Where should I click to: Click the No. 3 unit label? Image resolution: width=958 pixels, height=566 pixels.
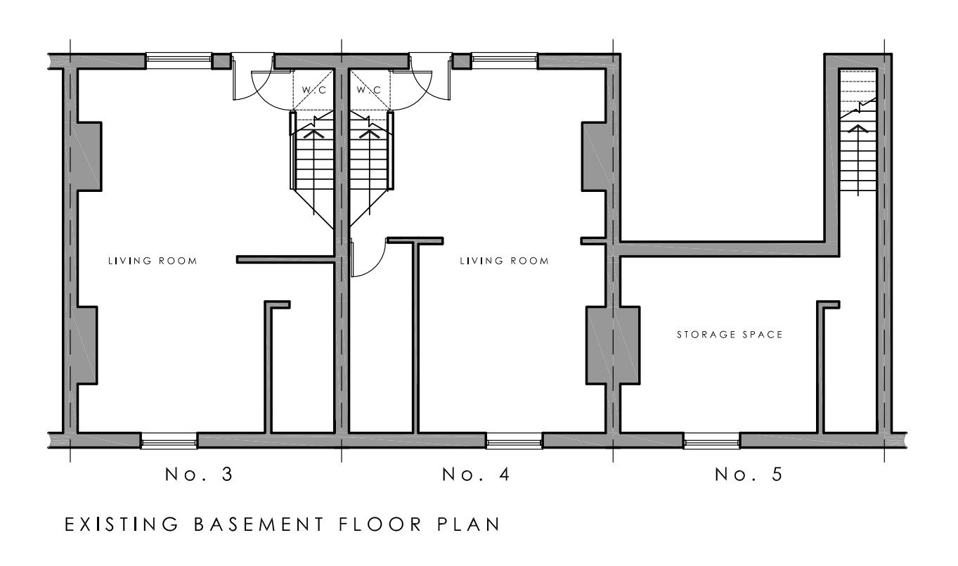(x=199, y=474)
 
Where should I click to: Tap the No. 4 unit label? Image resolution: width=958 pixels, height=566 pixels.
(x=476, y=474)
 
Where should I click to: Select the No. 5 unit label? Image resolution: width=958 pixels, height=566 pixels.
(x=749, y=474)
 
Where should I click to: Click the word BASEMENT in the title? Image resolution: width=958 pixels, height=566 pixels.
(x=259, y=524)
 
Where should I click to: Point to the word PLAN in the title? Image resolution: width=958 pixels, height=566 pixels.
(x=468, y=524)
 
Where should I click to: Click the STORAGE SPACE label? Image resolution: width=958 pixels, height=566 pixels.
(x=730, y=335)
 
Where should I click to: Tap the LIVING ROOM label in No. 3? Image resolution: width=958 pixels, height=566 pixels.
(x=153, y=261)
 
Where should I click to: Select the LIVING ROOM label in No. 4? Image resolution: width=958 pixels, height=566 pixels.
(x=504, y=261)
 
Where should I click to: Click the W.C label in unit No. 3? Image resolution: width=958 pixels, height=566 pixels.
(x=313, y=90)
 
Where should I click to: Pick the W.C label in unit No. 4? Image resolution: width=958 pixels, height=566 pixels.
(x=369, y=90)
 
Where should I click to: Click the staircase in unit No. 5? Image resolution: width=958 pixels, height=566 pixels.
(x=858, y=131)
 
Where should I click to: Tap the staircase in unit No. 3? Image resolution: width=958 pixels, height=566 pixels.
(x=312, y=169)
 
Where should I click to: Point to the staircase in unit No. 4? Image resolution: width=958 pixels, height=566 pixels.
(x=371, y=169)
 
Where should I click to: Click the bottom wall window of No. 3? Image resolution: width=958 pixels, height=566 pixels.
(x=169, y=441)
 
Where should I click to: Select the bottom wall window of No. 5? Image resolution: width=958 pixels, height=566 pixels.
(x=712, y=441)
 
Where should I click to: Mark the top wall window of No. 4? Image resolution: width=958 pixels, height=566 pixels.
(x=504, y=60)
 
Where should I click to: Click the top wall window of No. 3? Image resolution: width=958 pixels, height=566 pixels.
(x=179, y=60)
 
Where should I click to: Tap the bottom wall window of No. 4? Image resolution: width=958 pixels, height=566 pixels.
(x=514, y=441)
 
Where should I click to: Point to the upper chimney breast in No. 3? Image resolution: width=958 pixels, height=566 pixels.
(x=89, y=157)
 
